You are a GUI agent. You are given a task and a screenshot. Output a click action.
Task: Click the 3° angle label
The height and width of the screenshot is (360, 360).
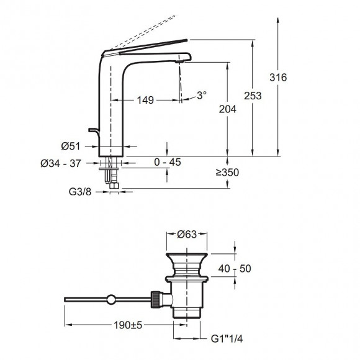pyautogui.click(x=201, y=96)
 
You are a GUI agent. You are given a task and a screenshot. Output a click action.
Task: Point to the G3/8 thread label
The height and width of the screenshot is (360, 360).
pyautogui.click(x=81, y=191)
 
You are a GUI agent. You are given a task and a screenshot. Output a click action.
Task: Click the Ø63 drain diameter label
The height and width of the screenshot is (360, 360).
pyautogui.click(x=187, y=234)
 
